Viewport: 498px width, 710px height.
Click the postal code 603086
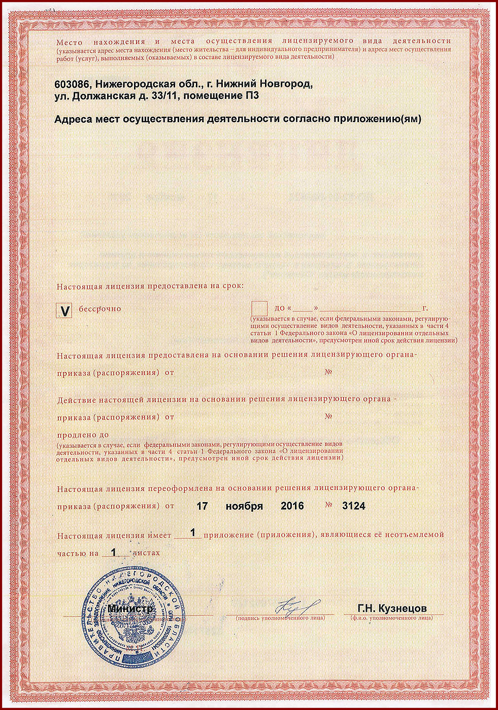click(x=72, y=84)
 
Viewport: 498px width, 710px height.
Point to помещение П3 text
click(x=221, y=95)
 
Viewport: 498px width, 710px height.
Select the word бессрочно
click(x=99, y=309)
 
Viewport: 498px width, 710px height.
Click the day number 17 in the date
click(x=202, y=506)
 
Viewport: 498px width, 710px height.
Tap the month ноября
click(x=244, y=506)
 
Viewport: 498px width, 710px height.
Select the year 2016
click(x=292, y=506)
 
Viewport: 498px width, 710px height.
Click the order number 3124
click(x=354, y=506)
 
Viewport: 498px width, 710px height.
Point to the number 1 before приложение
click(x=192, y=533)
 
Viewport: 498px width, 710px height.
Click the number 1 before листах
click(x=114, y=552)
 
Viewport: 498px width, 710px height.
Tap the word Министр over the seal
click(x=130, y=608)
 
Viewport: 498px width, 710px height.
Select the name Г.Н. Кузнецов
click(x=392, y=609)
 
